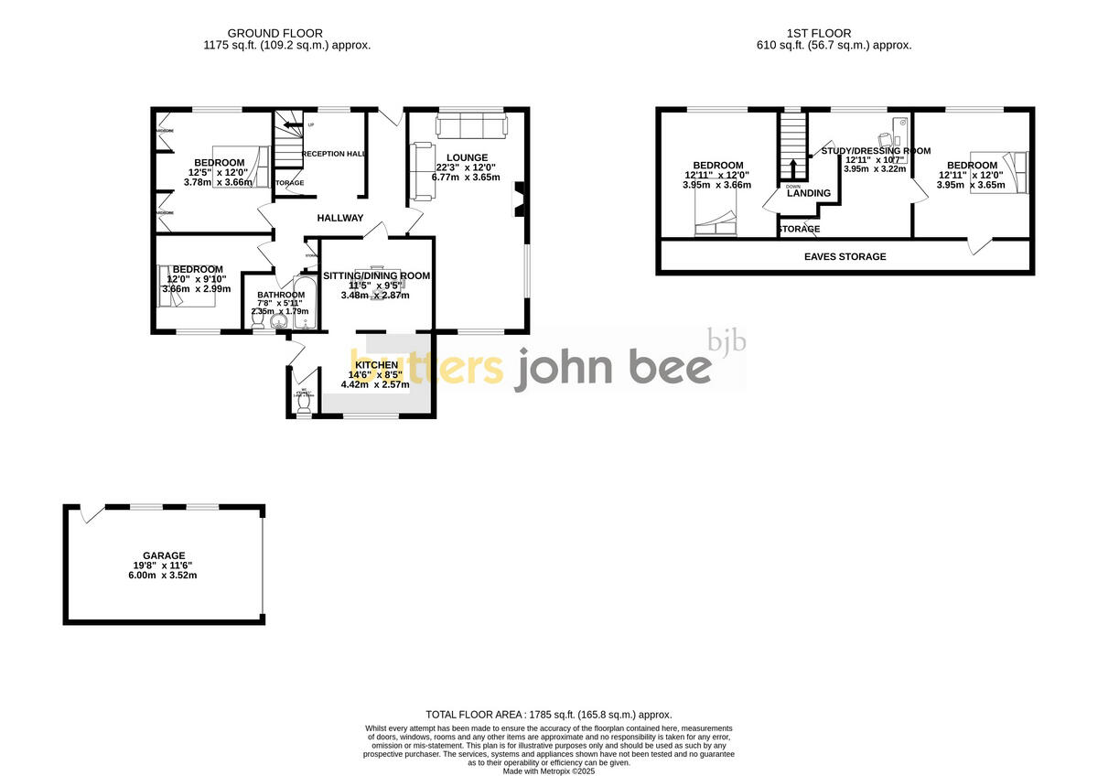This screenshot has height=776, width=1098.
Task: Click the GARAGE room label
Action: (164, 555)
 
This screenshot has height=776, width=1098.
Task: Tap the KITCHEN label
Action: (377, 365)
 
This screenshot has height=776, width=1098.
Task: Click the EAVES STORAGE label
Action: (845, 257)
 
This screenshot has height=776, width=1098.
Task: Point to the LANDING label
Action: (809, 193)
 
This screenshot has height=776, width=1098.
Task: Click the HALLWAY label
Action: (340, 219)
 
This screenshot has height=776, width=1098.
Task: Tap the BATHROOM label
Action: (281, 295)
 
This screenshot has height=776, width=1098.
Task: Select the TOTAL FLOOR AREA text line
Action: (549, 715)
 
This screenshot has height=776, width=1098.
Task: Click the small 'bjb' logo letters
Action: (727, 341)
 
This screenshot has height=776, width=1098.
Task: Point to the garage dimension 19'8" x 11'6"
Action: (164, 566)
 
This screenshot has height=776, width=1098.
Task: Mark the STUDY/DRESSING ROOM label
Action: (876, 151)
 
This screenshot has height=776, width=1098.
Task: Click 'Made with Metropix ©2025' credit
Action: (549, 771)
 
